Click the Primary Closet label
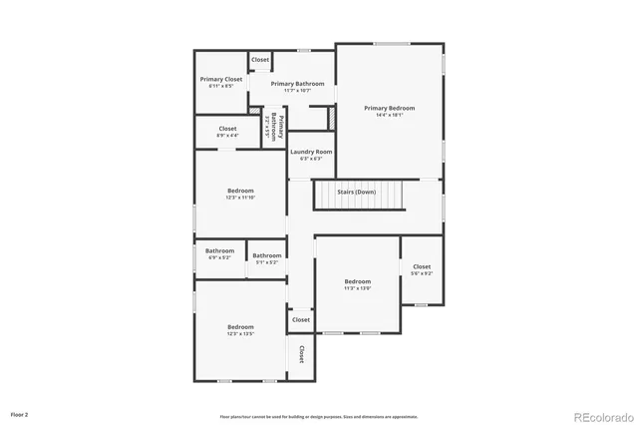click(220, 79)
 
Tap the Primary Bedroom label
click(389, 108)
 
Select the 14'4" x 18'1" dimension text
click(389, 115)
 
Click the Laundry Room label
click(311, 152)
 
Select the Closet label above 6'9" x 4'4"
click(227, 128)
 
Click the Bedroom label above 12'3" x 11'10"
click(240, 191)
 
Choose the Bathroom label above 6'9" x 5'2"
click(219, 250)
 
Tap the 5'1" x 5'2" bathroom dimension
click(266, 262)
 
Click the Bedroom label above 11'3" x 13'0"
click(358, 281)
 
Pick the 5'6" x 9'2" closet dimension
click(422, 273)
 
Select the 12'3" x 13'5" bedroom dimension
click(240, 334)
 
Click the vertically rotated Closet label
click(300, 354)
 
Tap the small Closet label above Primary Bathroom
click(260, 60)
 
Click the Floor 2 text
click(20, 413)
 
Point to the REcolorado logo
click(601, 416)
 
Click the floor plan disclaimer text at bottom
click(318, 416)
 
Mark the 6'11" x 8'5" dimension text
click(220, 86)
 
